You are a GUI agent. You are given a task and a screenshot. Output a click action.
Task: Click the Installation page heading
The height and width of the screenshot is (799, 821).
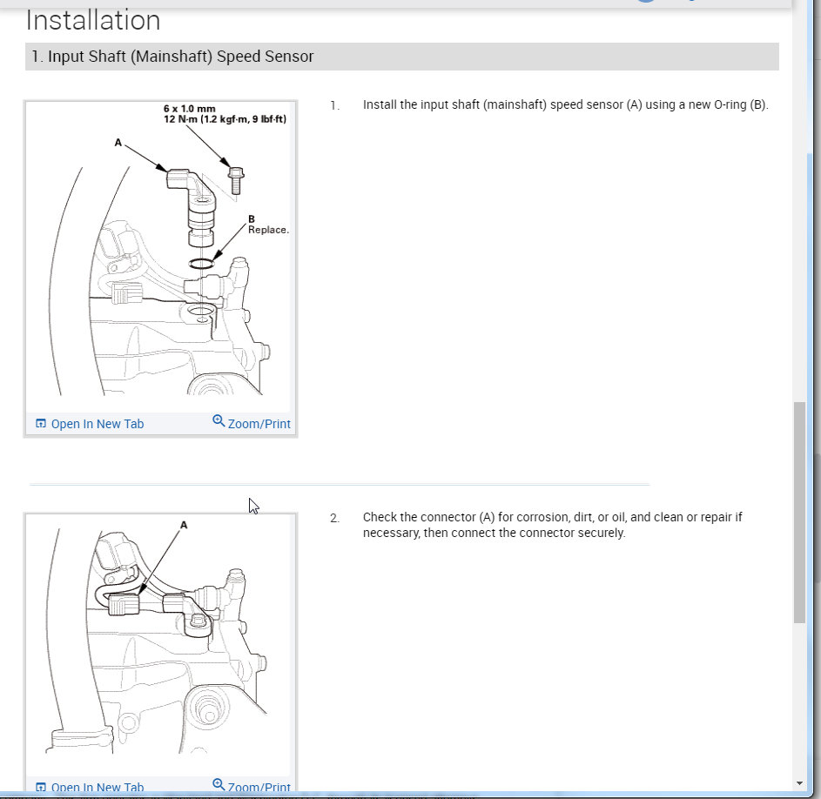93,20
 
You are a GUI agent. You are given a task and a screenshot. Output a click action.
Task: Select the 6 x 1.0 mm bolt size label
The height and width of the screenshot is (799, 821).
189,109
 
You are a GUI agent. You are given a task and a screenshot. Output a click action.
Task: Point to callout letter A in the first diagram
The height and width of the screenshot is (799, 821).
118,143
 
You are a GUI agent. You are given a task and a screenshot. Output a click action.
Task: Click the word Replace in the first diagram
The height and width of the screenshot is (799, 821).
268,230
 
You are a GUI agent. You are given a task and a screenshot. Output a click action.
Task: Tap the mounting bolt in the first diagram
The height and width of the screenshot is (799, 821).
235,178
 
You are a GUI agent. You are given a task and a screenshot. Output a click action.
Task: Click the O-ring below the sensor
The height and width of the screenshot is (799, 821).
206,263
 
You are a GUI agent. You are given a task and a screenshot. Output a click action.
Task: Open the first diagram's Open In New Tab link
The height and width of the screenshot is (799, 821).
97,424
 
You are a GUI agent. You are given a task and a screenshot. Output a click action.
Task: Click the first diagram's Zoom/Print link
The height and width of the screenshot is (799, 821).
259,424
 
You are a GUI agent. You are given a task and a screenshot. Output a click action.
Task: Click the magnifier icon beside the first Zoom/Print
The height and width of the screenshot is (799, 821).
219,421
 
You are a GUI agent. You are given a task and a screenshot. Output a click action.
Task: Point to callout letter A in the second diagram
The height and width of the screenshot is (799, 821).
184,525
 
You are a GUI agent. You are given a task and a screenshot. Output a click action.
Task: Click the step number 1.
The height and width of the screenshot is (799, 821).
334,105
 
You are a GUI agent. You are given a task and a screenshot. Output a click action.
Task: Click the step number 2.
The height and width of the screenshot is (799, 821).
334,518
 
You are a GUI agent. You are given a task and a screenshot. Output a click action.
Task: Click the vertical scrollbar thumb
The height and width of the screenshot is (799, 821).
800,512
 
